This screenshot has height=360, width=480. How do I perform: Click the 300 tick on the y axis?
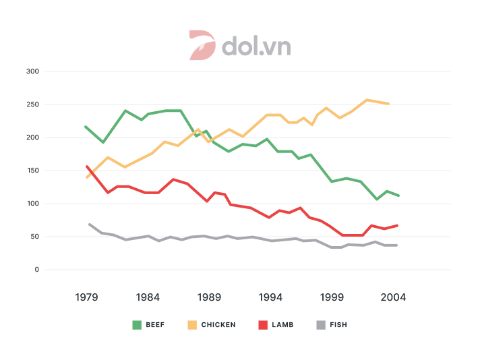click(x=32, y=71)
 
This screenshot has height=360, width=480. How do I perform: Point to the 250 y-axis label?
click(x=32, y=104)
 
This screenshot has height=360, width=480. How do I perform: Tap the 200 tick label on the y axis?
click(x=32, y=138)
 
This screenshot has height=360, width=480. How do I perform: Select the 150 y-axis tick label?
click(x=32, y=171)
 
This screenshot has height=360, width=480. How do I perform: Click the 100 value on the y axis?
click(x=32, y=204)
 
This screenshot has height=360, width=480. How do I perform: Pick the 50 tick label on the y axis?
click(x=34, y=237)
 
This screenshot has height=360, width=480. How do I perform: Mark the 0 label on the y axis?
click(x=37, y=270)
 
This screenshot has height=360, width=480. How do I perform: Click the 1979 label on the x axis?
click(x=86, y=297)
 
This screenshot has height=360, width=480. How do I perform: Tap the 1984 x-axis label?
click(x=148, y=297)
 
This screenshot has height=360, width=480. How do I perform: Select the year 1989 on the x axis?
click(x=209, y=297)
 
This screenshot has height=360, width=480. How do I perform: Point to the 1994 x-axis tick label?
click(x=270, y=297)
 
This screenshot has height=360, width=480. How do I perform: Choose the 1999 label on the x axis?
click(x=332, y=297)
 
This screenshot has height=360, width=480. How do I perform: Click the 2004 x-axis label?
click(x=393, y=297)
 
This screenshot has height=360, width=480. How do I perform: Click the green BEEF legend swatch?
click(x=137, y=325)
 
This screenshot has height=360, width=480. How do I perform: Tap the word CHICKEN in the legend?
click(x=218, y=325)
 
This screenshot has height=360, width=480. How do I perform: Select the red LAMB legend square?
click(x=264, y=325)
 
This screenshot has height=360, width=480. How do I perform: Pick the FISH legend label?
click(x=338, y=325)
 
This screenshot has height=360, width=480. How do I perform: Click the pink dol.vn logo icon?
click(x=201, y=45)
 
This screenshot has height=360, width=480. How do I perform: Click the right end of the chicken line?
click(x=388, y=104)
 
